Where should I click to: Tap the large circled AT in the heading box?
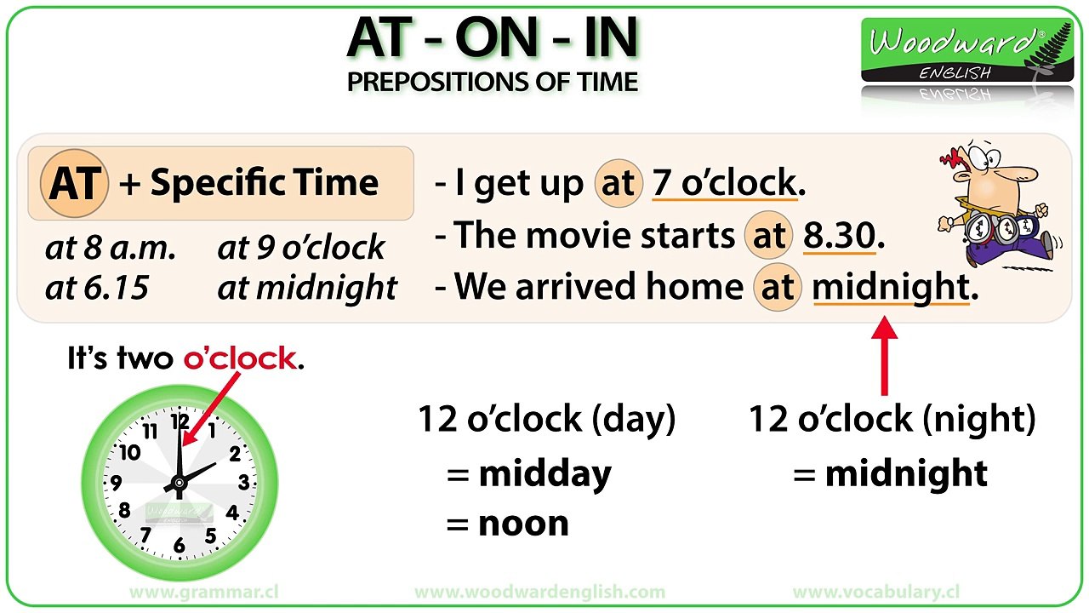point(75,183)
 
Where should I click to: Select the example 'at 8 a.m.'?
point(111,248)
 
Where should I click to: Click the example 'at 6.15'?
point(96,288)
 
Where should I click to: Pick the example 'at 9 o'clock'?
point(301,248)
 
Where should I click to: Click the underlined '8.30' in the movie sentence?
point(839,236)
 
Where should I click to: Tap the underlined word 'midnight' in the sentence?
point(890,288)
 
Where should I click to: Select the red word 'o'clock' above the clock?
point(239,358)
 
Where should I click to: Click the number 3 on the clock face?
point(244,484)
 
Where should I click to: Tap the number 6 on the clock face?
point(179,546)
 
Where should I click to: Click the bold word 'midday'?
point(544,474)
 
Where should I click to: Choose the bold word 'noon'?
point(523,523)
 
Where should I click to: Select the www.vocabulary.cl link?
point(876,592)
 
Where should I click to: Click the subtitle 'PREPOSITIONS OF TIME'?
point(493,82)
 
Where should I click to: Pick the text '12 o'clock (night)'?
point(892,419)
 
